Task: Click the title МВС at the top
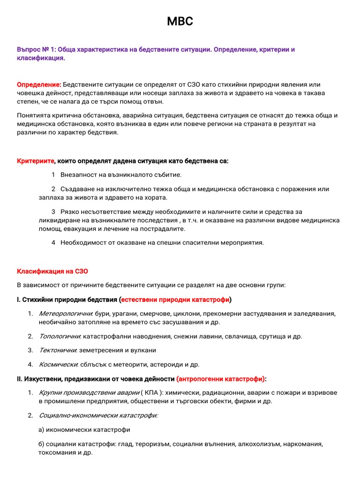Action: pyautogui.click(x=180, y=22)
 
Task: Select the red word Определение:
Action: pyautogui.click(x=39, y=84)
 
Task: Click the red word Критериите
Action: pyautogui.click(x=36, y=161)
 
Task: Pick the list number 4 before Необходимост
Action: pyautogui.click(x=54, y=243)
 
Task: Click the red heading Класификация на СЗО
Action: pyautogui.click(x=52, y=271)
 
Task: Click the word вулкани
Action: pyautogui.click(x=143, y=350)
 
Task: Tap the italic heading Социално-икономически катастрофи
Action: pyautogui.click(x=98, y=415)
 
